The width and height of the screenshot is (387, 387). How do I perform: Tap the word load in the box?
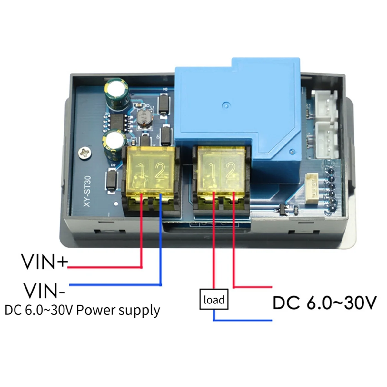point(214,300)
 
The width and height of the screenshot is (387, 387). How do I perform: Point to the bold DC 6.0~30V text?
point(324,303)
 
